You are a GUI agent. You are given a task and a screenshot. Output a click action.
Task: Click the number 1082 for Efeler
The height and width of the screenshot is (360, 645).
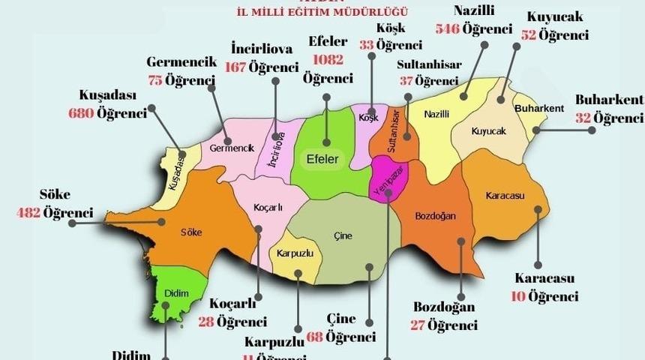(x=328, y=59)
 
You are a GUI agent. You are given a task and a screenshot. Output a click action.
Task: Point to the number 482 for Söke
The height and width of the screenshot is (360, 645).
(x=28, y=213)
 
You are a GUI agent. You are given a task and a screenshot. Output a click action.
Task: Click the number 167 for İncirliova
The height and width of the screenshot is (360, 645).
(x=236, y=67)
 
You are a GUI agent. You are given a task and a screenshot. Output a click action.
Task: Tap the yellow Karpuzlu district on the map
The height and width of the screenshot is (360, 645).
(x=295, y=253)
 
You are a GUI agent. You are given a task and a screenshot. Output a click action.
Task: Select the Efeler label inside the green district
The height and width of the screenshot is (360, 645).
(x=322, y=159)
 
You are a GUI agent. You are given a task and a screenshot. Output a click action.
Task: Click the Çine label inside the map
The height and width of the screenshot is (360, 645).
(x=342, y=235)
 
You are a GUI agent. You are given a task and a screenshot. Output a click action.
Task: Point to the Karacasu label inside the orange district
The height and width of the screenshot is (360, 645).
(x=504, y=196)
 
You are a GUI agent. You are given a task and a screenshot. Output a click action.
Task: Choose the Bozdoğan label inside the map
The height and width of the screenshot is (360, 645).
(x=435, y=216)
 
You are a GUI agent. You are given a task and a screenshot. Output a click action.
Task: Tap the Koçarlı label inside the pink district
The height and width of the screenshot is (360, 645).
(x=268, y=207)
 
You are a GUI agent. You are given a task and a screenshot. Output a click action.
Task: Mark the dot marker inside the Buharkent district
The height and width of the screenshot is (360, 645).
(x=537, y=130)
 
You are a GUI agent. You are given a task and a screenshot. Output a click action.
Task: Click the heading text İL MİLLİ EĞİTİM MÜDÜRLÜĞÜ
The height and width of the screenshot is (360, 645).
(x=321, y=11)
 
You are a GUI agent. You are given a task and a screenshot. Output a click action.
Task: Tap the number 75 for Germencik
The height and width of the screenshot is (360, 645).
(x=156, y=80)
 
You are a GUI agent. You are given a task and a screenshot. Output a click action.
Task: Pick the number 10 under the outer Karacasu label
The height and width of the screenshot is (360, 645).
(x=517, y=296)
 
